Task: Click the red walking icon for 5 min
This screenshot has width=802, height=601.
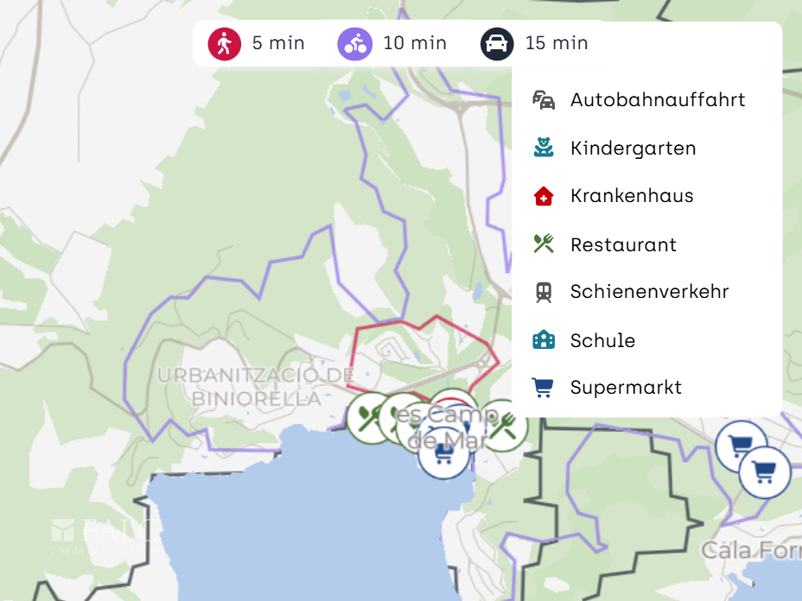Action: [x=225, y=43]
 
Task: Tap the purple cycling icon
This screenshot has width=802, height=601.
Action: [x=354, y=43]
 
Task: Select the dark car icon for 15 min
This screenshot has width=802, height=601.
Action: [x=497, y=43]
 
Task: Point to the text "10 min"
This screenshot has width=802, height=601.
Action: [x=415, y=43]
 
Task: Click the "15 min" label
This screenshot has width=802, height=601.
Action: [x=557, y=43]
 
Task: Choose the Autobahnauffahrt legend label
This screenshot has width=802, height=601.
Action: [x=658, y=99]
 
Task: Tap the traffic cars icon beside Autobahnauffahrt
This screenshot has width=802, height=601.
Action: [x=544, y=99]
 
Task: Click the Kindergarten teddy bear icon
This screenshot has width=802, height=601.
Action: [x=544, y=148]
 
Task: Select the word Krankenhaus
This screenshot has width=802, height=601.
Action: [x=632, y=196]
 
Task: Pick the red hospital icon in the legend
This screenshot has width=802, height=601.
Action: [x=544, y=196]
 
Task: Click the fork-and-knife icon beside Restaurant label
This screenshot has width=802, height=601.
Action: [x=544, y=244]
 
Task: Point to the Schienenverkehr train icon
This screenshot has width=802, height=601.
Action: [x=544, y=292]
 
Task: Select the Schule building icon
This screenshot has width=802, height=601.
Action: [x=544, y=340]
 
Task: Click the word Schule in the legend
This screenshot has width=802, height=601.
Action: [x=602, y=340]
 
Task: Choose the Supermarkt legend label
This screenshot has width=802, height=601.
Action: [x=626, y=388]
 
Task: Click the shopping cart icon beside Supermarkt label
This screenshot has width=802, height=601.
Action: [x=544, y=388]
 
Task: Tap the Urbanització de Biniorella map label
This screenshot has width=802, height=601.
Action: [x=257, y=387]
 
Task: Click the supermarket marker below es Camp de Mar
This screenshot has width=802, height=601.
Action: [x=444, y=452]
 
